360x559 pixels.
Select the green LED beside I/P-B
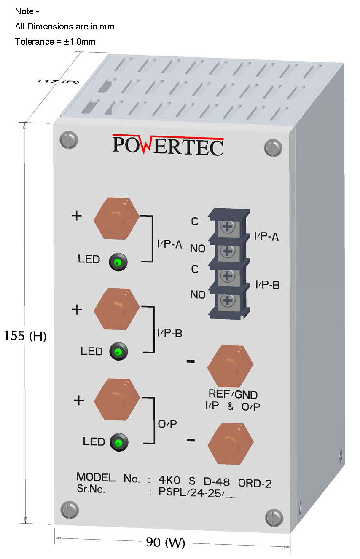118,351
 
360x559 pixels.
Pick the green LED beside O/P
118,443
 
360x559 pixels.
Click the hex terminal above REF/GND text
230,366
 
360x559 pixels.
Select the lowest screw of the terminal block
228,300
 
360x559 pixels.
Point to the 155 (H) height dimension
24,336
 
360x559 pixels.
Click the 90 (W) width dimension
166,543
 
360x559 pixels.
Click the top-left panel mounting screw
69,140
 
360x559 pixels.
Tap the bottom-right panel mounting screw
274,517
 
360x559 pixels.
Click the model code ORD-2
255,483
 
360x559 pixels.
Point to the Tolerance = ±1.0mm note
55,42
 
